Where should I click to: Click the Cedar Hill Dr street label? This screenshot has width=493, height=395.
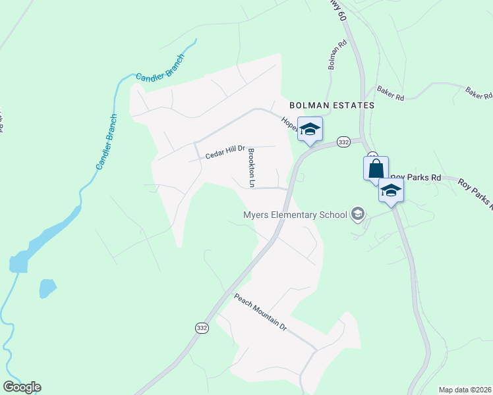click(x=225, y=153)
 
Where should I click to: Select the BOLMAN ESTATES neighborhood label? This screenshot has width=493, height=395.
click(x=332, y=105)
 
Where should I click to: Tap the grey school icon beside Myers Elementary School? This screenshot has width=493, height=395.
click(x=358, y=213)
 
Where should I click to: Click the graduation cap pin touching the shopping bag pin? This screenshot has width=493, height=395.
click(x=391, y=190)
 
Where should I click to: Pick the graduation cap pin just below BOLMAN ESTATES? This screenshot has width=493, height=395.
click(x=310, y=128)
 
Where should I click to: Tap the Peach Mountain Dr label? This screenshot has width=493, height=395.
click(x=261, y=312)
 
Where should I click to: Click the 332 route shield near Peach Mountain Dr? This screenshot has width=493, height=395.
click(x=202, y=327)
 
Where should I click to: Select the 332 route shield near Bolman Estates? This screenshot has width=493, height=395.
click(x=343, y=142)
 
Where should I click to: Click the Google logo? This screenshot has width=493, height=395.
click(x=22, y=387)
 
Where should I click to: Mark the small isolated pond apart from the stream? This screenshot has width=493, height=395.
click(x=47, y=288)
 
